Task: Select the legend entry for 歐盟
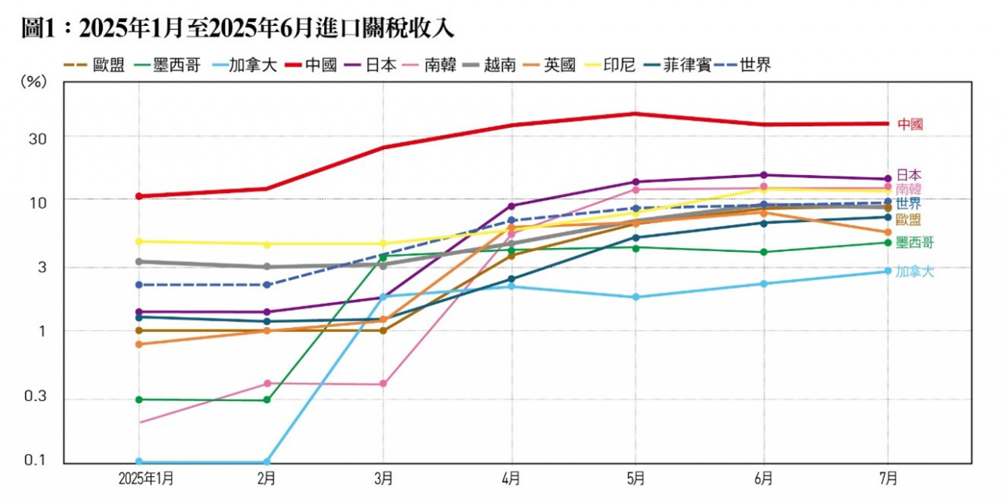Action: [94, 65]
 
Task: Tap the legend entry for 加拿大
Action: [238, 65]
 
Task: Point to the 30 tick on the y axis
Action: [37, 137]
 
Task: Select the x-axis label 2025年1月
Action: [140, 478]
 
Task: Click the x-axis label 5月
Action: [636, 478]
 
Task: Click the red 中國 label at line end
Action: [910, 124]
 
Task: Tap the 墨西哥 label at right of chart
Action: [915, 243]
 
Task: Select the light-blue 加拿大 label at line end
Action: [915, 272]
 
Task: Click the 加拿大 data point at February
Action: [267, 461]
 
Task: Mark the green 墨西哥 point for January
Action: [140, 399]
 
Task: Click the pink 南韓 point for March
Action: [383, 384]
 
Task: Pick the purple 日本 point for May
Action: [636, 182]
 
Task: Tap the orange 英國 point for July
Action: [888, 232]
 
